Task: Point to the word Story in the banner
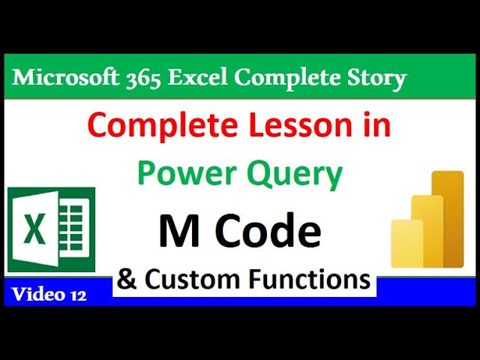373,77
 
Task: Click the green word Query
295,175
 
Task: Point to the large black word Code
274,232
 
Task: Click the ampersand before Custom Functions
127,280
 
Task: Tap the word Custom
190,280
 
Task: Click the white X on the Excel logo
34,229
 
